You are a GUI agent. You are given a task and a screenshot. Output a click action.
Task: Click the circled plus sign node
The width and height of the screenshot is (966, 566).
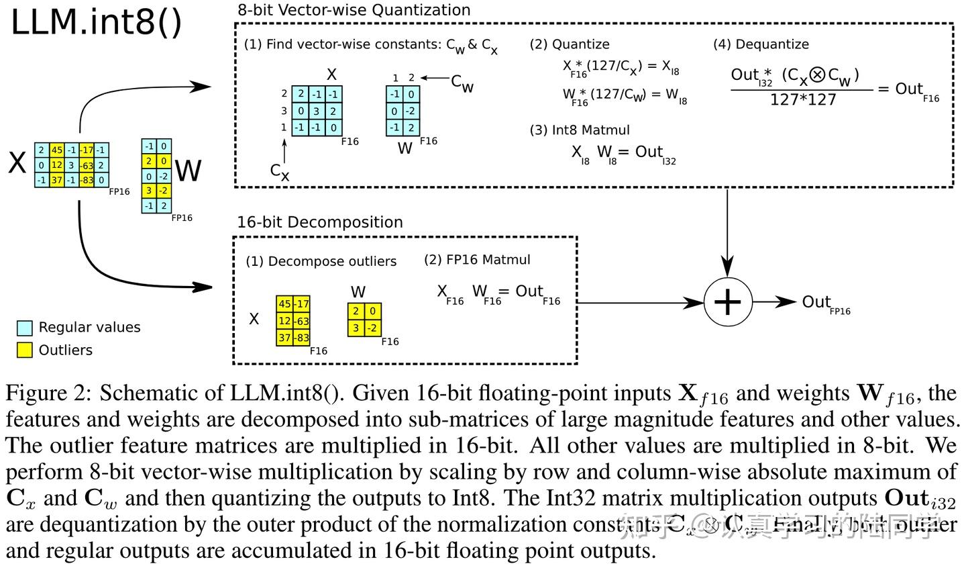pyautogui.click(x=727, y=302)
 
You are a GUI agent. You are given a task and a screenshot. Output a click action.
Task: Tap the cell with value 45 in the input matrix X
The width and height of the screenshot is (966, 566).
pyautogui.click(x=56, y=150)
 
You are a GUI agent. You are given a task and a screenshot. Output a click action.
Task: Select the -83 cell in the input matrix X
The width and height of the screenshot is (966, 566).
pyautogui.click(x=86, y=180)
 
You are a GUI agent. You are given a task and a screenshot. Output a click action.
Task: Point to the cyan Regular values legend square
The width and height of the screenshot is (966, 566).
pyautogui.click(x=25, y=328)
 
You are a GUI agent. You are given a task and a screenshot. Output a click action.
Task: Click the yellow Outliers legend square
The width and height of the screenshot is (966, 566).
pyautogui.click(x=25, y=350)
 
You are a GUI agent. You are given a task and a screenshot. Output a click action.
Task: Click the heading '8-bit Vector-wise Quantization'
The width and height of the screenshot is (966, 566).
pyautogui.click(x=354, y=10)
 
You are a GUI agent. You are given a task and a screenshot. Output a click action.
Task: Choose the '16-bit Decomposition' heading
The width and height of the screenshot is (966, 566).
pyautogui.click(x=320, y=222)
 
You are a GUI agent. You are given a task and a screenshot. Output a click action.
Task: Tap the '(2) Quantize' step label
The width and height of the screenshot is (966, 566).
pyautogui.click(x=570, y=44)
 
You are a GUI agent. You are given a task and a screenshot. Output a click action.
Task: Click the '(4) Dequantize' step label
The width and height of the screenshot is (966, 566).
pyautogui.click(x=761, y=44)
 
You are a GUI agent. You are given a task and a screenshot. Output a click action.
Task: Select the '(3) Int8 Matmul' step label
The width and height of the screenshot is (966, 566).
pyautogui.click(x=580, y=130)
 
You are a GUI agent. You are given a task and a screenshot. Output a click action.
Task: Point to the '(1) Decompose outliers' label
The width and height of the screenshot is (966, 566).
pyautogui.click(x=321, y=261)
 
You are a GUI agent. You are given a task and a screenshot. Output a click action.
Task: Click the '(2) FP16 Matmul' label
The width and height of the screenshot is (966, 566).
pyautogui.click(x=477, y=260)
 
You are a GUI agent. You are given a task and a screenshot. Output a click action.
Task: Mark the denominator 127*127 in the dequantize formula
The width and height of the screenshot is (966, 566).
pyautogui.click(x=803, y=100)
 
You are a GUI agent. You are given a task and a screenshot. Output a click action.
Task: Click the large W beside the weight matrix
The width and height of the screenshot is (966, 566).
pyautogui.click(x=188, y=171)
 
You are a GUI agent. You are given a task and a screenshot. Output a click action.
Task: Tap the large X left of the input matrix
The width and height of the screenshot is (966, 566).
pyautogui.click(x=17, y=163)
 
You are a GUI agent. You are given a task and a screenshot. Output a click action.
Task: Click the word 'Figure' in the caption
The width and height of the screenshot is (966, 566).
pyautogui.click(x=38, y=393)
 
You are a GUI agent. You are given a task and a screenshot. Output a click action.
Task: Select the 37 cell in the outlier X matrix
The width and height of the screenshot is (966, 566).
pyautogui.click(x=285, y=338)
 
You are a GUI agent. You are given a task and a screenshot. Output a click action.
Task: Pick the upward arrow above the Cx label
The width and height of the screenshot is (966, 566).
pyautogui.click(x=284, y=149)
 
